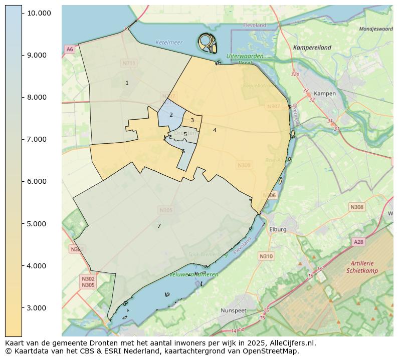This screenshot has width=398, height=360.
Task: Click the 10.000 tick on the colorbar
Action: pyautogui.click(x=39, y=13)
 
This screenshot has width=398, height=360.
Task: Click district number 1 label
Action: pyautogui.click(x=127, y=83)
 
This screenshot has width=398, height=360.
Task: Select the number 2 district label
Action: pyautogui.click(x=171, y=115)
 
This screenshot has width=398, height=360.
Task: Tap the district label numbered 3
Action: pyautogui.click(x=192, y=120)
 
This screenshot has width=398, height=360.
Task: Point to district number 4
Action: pyautogui.click(x=215, y=130)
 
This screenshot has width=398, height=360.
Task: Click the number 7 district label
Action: pyautogui.click(x=159, y=226)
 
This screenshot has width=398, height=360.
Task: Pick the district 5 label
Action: pyautogui.click(x=185, y=134)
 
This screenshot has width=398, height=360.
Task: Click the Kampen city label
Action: pyautogui.click(x=324, y=94)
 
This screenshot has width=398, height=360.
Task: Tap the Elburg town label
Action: pyautogui.click(x=278, y=230)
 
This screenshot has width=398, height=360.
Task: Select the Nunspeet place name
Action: pyautogui.click(x=234, y=310)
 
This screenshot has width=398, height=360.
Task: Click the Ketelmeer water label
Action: pyautogui.click(x=169, y=43)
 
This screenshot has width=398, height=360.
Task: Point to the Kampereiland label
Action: pyautogui.click(x=312, y=48)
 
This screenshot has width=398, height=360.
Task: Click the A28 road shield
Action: pyautogui.click(x=358, y=242)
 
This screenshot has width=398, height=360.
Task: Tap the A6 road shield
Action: pyautogui.click(x=69, y=49)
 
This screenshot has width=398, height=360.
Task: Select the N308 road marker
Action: pyautogui.click(x=357, y=207)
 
